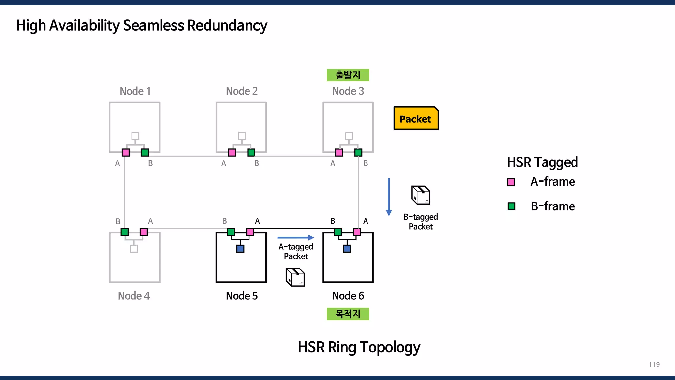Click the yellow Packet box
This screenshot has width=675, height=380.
[x=416, y=118]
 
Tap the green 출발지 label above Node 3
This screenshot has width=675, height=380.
[x=348, y=75]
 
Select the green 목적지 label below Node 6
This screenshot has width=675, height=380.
[x=348, y=314]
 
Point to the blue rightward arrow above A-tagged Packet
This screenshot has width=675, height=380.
[x=296, y=237]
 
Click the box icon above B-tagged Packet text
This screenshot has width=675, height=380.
[x=421, y=195]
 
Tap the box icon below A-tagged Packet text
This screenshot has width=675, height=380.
[x=295, y=277]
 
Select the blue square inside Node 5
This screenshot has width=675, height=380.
[x=240, y=249]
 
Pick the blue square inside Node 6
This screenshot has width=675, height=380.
[x=347, y=249]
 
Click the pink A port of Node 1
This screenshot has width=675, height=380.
[x=126, y=152]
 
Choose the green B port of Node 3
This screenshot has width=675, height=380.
[x=358, y=152]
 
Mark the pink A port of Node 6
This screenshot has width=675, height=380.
[x=357, y=232]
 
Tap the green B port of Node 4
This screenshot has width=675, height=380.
[x=125, y=232]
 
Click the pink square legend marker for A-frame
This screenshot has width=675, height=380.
[x=511, y=182]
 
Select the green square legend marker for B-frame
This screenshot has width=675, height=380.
[x=511, y=206]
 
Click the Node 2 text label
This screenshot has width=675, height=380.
[x=242, y=91]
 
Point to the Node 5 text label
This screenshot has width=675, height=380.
[x=242, y=296]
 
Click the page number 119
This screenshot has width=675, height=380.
[x=654, y=364]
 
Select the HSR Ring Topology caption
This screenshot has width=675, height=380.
[x=359, y=347]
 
